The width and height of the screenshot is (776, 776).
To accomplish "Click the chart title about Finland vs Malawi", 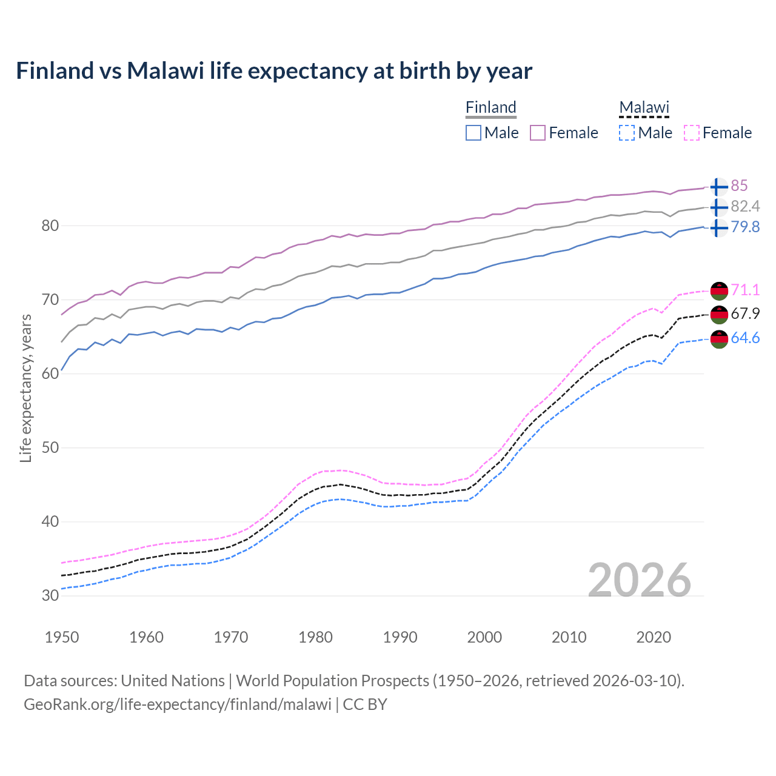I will click(274, 71).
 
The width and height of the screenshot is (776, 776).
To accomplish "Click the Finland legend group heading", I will click(490, 107).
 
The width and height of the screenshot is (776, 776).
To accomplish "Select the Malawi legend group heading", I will click(644, 107).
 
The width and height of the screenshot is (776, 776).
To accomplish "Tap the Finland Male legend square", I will click(473, 133).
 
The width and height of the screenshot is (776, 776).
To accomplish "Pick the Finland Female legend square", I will click(538, 133).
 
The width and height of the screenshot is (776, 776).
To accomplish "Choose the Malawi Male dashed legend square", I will click(627, 133).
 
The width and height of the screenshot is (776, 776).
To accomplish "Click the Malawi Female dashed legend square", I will click(692, 133).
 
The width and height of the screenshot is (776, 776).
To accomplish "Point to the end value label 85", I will click(739, 186).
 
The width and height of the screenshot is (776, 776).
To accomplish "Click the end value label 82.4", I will click(745, 206).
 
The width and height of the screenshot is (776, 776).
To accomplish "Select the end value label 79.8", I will click(745, 227).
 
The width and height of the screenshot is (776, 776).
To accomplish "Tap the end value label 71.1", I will click(745, 290).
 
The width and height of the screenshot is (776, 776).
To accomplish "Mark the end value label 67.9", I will click(745, 313).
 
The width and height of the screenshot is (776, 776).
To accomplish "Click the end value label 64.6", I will click(745, 338).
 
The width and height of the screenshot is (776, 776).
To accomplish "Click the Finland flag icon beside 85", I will click(718, 187).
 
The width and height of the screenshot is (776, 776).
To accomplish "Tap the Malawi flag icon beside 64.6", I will click(719, 339).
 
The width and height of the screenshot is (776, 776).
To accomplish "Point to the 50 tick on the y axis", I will click(50, 447).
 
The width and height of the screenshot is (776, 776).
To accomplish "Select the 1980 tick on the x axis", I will click(315, 637).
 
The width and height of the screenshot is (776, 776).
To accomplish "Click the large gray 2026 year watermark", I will click(640, 580).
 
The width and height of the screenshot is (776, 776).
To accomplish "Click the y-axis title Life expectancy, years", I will click(26, 388).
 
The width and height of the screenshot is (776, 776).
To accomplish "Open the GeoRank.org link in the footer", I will click(177, 704).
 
